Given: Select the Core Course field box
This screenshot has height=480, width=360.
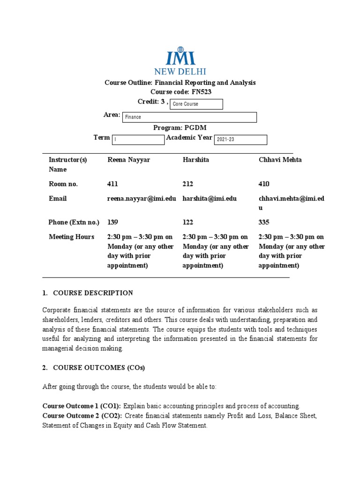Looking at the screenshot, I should (196, 104).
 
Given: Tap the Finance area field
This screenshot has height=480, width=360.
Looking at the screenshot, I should (190, 117).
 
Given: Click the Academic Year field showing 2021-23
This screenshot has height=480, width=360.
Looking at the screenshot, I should (240, 140).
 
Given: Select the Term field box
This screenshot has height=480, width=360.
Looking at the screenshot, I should (138, 140).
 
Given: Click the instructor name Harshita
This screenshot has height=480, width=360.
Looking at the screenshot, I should (196, 160).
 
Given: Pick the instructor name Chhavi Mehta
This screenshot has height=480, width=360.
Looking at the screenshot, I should (280, 160).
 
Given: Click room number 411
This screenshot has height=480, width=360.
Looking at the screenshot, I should (113, 184).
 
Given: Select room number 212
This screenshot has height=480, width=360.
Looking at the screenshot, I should (188, 184).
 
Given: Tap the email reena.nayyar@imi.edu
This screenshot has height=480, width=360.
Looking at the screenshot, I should (142, 198).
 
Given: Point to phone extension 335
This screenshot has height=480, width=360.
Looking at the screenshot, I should (264, 222).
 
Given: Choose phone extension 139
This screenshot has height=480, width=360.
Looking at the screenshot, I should (113, 222).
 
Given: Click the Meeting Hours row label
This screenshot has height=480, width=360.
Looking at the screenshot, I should (71, 237).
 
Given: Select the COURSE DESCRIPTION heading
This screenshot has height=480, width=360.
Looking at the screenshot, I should (93, 293).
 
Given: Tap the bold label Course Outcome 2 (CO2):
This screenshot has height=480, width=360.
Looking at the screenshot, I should (82, 416).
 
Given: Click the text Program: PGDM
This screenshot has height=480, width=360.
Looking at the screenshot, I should (180, 127).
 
